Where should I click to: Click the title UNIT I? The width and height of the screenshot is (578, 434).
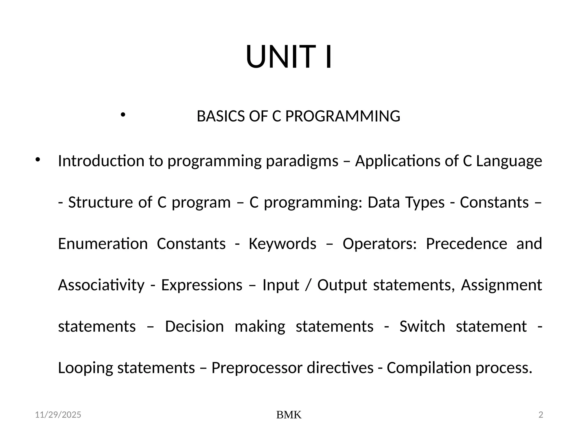289,57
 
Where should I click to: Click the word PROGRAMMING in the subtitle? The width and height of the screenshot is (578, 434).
343,116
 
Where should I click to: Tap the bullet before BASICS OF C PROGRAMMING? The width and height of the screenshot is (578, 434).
122,115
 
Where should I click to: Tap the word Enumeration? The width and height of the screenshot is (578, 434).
103,244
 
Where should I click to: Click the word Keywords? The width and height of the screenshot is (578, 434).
282,244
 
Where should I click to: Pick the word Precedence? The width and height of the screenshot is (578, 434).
466,244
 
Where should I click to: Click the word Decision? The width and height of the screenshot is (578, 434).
194,327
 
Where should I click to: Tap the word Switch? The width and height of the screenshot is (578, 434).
422,327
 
